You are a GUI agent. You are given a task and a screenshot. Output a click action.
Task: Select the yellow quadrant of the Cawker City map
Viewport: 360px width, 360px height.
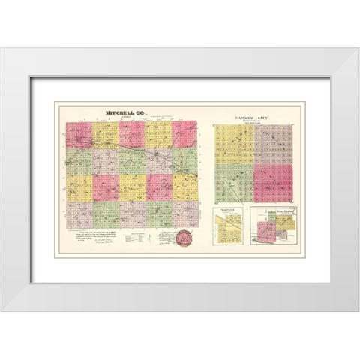(x=233, y=144)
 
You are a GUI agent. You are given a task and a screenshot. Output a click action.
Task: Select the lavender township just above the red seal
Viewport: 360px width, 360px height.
(x=184, y=214)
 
